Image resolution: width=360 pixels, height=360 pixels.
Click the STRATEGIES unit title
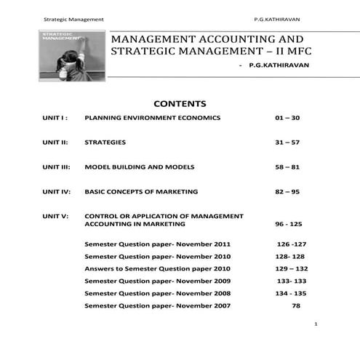click(105, 142)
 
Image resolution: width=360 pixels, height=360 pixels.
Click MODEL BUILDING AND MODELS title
click(140, 167)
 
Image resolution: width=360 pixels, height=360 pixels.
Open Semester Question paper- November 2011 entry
click(158, 244)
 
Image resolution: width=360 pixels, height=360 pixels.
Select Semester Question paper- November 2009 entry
click(158, 281)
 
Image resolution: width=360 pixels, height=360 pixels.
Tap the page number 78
click(296, 305)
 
